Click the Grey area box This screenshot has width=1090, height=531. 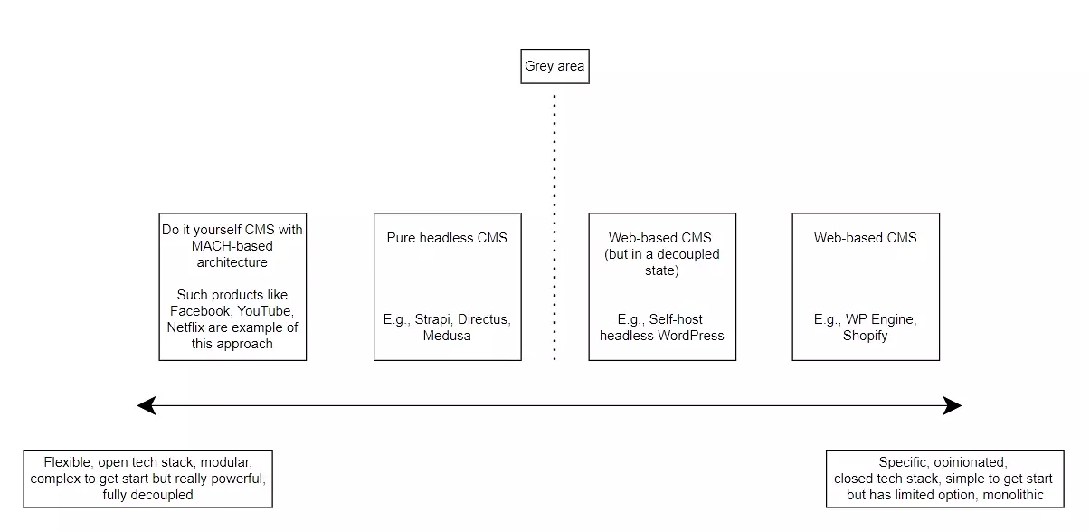click(554, 66)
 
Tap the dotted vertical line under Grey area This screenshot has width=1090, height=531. click(554, 226)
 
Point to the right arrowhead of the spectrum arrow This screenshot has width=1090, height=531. click(953, 406)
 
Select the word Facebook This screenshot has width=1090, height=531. click(198, 311)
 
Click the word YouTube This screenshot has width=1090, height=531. click(265, 311)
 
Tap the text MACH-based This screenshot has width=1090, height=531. click(232, 246)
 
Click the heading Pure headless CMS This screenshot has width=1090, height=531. click(447, 238)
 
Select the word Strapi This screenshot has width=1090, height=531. click(434, 319)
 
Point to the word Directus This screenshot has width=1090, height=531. click(485, 319)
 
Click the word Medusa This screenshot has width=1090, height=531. click(447, 336)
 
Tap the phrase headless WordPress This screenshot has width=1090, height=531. click(662, 336)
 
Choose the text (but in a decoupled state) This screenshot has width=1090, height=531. click(662, 262)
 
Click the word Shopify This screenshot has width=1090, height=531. click(866, 336)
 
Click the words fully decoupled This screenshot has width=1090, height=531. click(148, 495)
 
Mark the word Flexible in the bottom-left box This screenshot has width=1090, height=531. click(67, 462)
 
